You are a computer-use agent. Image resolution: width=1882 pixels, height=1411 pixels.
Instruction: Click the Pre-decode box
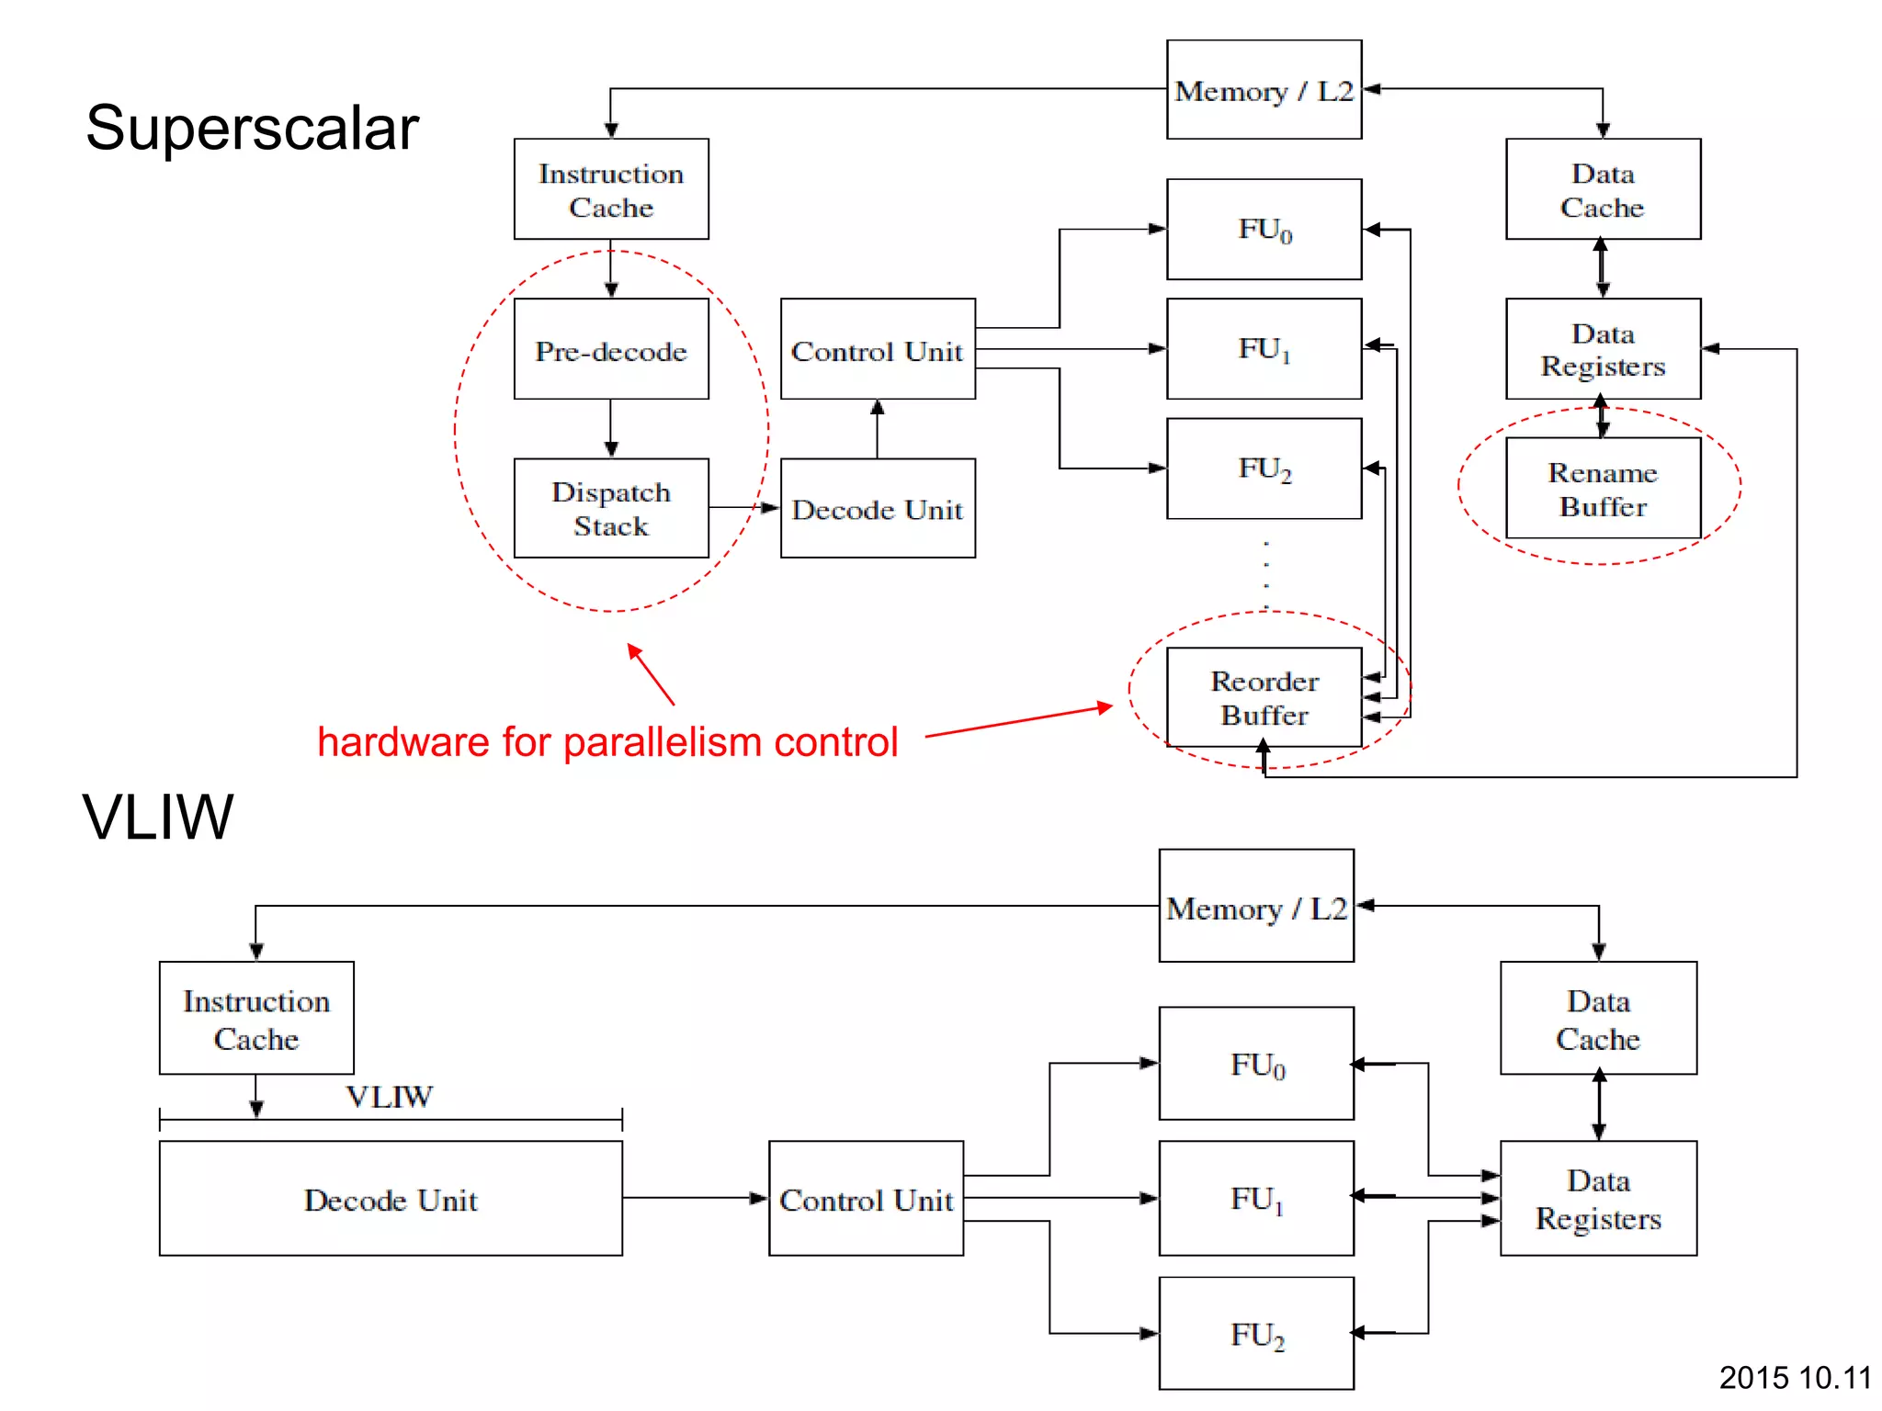(x=611, y=349)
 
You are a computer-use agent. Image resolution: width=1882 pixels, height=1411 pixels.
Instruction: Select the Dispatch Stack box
(x=611, y=508)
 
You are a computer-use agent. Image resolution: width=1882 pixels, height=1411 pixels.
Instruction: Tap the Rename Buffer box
(x=1603, y=488)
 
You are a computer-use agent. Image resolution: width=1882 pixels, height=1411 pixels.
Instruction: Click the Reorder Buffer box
(x=1264, y=697)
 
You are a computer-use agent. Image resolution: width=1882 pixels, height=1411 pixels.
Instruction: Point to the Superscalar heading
(x=252, y=128)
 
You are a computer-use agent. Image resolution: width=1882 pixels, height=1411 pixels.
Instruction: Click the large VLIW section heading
(x=158, y=816)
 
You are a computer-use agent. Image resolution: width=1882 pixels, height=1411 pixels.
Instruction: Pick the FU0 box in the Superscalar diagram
(x=1264, y=229)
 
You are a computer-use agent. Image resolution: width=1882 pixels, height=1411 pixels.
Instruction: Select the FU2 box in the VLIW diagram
(x=1256, y=1333)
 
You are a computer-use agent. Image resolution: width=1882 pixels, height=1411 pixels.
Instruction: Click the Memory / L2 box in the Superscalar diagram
(x=1264, y=90)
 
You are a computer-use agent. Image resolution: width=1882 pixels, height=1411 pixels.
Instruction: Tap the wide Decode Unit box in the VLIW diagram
(x=391, y=1199)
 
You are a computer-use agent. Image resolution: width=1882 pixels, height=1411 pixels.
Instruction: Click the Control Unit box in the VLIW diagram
(x=866, y=1199)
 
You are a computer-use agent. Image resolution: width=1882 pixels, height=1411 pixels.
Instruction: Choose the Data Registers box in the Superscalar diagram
(x=1603, y=349)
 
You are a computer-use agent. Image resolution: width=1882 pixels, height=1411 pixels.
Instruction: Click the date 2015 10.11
(x=1794, y=1377)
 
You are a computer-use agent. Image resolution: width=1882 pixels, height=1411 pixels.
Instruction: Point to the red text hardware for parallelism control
(x=607, y=742)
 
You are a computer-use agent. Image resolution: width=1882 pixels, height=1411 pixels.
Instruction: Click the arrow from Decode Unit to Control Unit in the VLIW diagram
(x=695, y=1198)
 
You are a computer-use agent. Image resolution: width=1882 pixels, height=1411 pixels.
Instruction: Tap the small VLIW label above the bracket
(x=389, y=1096)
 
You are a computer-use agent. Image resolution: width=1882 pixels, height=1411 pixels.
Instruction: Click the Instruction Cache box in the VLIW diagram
(x=256, y=1018)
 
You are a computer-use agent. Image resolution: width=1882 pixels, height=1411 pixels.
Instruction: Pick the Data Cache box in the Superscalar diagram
(x=1603, y=189)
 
